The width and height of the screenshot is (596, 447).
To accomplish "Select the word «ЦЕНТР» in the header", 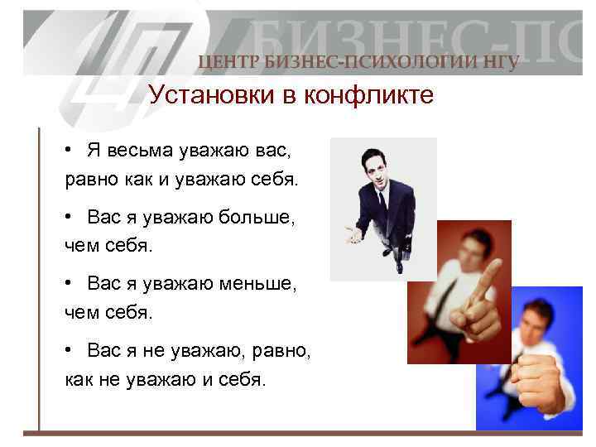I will point(225,62).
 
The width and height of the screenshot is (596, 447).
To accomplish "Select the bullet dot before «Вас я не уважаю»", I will point(72,350).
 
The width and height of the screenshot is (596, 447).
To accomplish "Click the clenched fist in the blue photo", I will point(542,382).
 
